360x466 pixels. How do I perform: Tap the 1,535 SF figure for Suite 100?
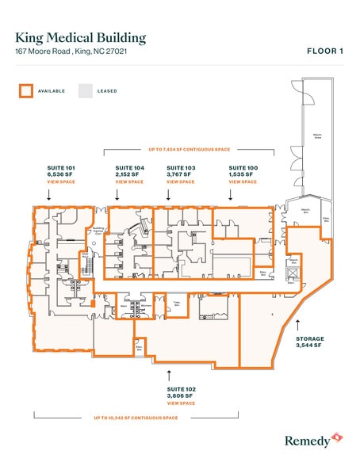click(243, 174)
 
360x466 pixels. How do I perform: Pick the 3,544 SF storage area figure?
click(308, 346)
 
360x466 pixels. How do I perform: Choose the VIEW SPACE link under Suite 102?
click(181, 403)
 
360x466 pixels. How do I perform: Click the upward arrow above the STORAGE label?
click(297, 323)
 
